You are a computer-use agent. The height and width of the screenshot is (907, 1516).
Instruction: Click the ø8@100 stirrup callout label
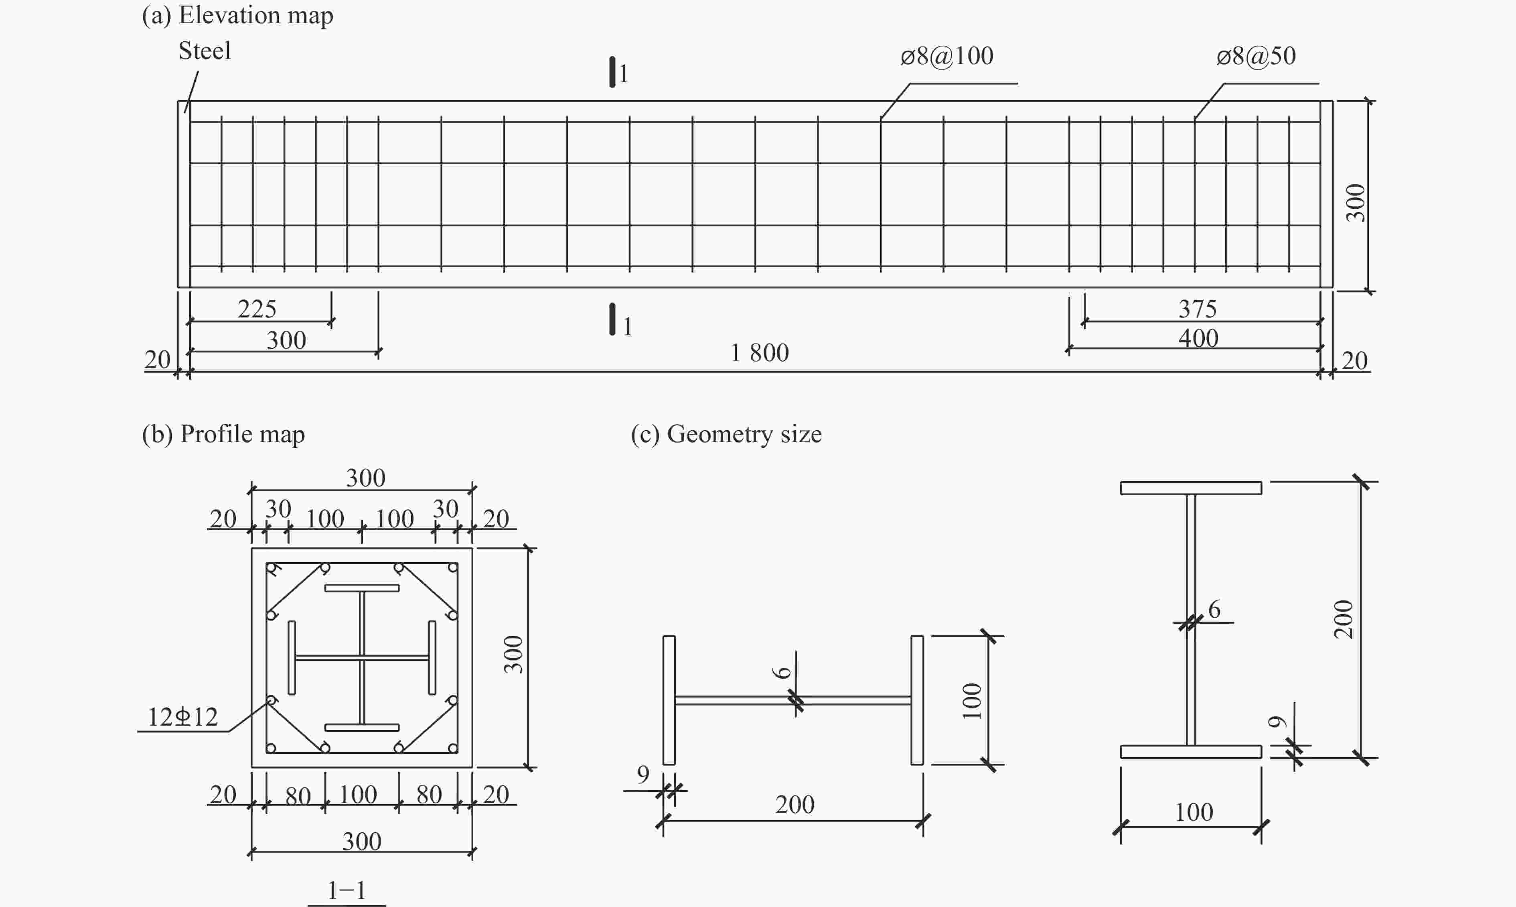point(947,56)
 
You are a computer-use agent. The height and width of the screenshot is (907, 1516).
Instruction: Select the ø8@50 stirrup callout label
point(1256,56)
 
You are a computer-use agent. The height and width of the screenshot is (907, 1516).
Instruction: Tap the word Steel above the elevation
point(205,51)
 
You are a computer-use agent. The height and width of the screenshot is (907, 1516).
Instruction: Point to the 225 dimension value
point(257,309)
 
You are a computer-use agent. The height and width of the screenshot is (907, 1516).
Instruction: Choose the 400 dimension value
point(1198,338)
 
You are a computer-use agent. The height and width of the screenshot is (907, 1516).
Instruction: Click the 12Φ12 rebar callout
point(182,717)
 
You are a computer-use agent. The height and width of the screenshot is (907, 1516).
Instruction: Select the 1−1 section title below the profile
point(347,890)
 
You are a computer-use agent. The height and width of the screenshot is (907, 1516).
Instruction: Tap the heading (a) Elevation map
point(237,15)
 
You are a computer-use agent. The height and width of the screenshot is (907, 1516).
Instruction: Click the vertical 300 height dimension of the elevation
point(1355,202)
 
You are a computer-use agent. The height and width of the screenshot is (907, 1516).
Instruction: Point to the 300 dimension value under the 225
point(286,340)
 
